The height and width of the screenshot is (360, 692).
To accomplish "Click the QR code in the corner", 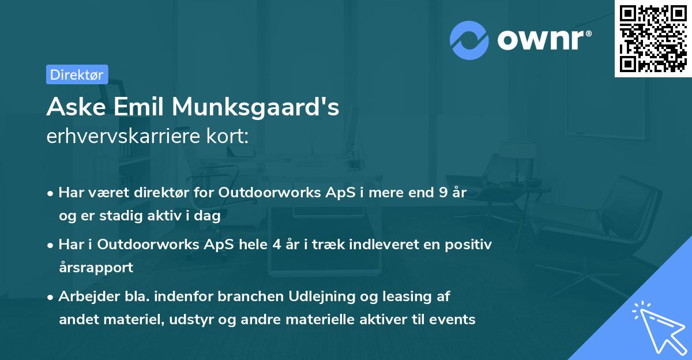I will (x=653, y=39).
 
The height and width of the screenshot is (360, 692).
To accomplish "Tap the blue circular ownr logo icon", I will (x=469, y=40).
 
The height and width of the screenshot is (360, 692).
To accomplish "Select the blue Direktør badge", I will (x=77, y=74).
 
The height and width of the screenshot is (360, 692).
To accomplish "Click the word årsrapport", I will (x=96, y=267).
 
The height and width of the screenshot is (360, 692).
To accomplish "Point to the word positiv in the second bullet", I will (x=470, y=245).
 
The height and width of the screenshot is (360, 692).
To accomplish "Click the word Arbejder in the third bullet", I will (x=84, y=297).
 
